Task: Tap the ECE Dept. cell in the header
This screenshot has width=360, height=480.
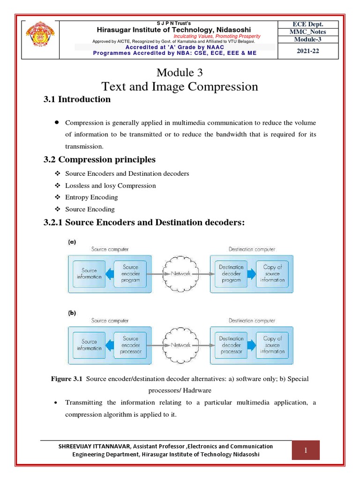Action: [308, 24]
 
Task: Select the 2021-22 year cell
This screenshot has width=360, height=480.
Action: [308, 51]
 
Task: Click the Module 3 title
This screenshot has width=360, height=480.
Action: [180, 73]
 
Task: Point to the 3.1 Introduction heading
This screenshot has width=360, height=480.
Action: [77, 99]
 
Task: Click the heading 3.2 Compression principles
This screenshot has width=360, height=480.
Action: [99, 159]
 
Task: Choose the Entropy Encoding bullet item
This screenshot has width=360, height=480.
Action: [91, 197]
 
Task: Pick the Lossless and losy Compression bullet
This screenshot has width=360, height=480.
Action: [110, 186]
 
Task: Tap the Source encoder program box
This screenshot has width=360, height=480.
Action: [130, 273]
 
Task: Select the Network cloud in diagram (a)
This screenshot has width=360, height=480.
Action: [180, 273]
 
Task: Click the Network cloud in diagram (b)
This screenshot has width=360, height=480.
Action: [180, 345]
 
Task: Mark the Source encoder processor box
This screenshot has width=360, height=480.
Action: [130, 345]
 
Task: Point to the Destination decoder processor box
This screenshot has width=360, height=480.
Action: [231, 345]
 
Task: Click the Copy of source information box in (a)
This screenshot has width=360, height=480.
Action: [272, 273]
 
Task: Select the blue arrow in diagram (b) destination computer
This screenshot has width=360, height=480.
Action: [252, 345]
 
